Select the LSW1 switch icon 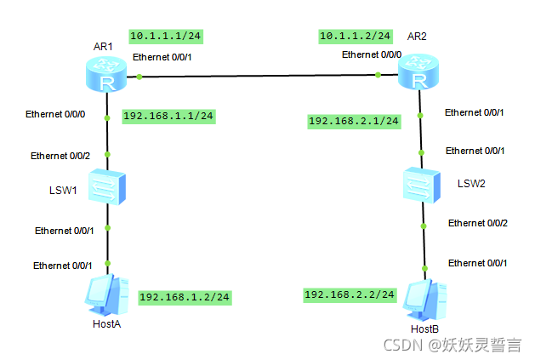click(x=107, y=189)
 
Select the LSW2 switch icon click(x=423, y=184)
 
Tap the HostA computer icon click(x=107, y=294)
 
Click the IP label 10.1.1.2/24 click(x=356, y=36)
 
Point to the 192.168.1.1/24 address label click(x=168, y=116)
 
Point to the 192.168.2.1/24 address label click(x=354, y=122)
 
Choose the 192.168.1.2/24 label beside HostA click(x=185, y=297)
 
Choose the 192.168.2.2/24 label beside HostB click(x=350, y=294)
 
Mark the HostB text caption click(x=424, y=329)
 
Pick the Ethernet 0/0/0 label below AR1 click(x=55, y=113)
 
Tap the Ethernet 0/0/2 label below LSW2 click(x=478, y=223)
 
